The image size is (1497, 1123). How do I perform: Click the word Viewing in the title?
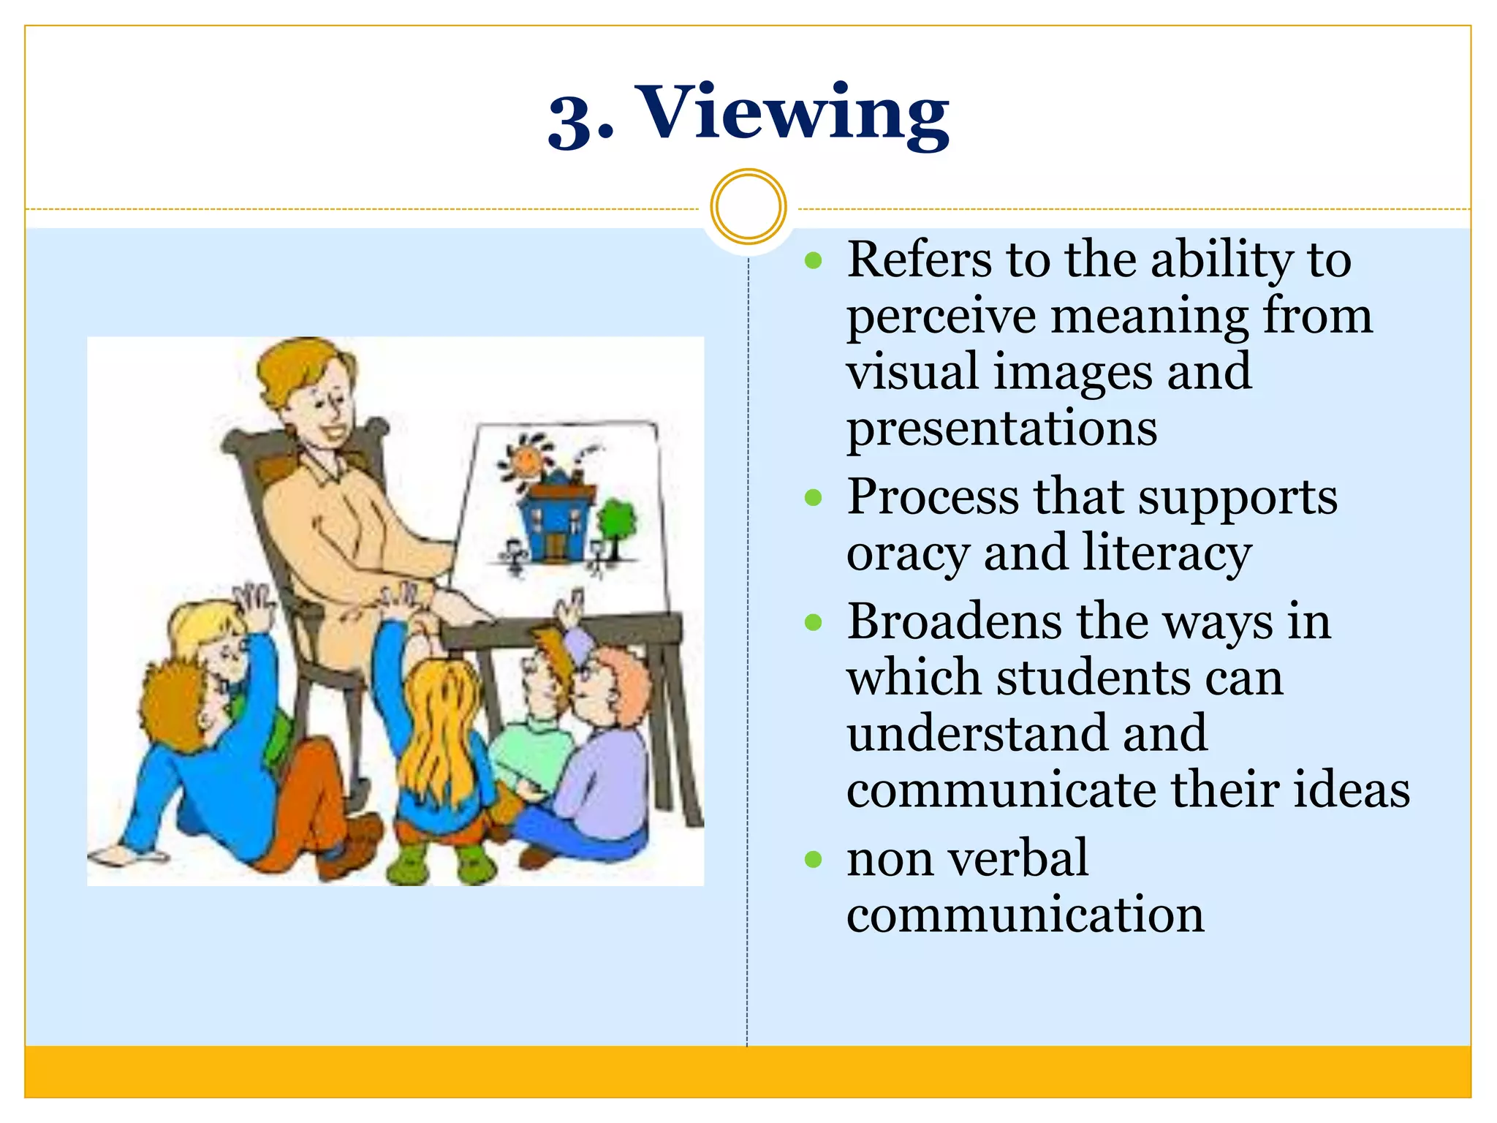795,116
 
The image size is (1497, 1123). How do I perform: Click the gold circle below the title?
748,206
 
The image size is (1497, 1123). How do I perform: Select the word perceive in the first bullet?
941,318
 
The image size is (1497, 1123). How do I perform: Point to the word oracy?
908,554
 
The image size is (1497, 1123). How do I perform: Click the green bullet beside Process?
813,499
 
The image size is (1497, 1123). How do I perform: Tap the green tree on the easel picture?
616,521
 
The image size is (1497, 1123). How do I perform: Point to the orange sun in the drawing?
526,460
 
